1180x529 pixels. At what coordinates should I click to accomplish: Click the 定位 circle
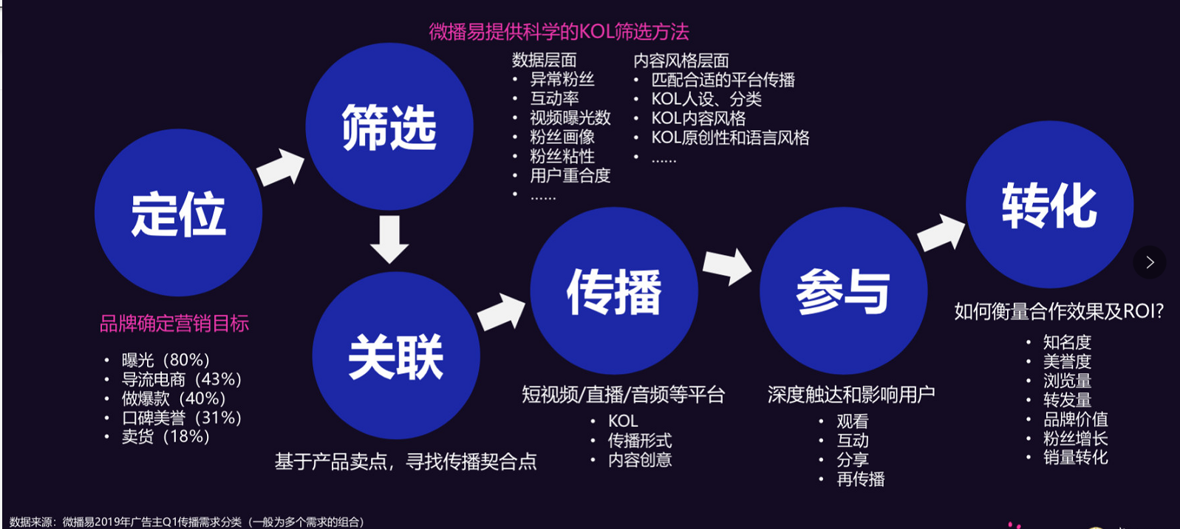[179, 213]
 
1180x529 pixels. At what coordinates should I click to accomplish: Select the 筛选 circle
[389, 126]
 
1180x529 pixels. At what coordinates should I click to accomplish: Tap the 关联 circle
[396, 355]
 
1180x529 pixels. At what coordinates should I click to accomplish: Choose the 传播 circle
[614, 291]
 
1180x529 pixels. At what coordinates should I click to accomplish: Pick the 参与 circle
[843, 291]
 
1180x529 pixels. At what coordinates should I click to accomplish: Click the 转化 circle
[1049, 205]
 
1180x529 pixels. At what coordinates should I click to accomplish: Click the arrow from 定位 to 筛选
[281, 167]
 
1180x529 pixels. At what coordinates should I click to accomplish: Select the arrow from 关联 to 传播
[502, 312]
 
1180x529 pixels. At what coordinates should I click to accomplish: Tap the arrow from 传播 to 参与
[728, 267]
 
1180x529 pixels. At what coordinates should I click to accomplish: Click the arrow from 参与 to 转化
[941, 233]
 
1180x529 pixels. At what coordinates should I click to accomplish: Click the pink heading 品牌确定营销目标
[174, 324]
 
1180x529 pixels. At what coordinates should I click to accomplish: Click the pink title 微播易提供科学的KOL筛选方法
[559, 32]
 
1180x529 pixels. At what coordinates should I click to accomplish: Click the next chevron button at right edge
[1150, 262]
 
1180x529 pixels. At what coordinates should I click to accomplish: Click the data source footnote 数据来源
[188, 522]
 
